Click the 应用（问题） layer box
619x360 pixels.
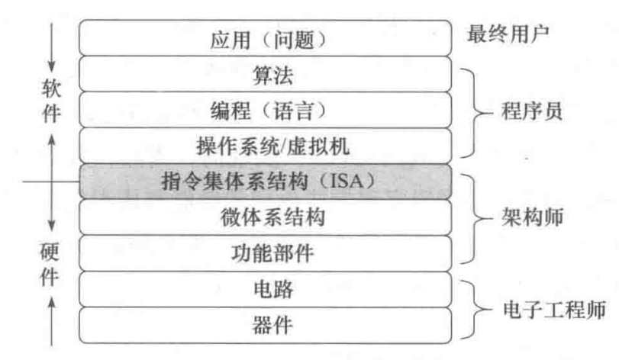pos(263,39)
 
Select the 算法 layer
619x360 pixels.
pos(263,75)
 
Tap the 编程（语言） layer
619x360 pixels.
pos(263,111)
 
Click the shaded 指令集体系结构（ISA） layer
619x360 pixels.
pos(263,182)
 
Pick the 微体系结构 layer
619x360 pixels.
pos(263,217)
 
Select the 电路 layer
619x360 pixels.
pos(263,289)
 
